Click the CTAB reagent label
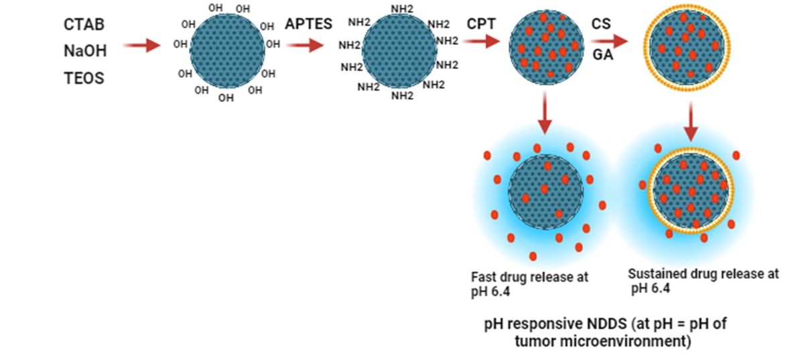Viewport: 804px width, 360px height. (x=84, y=25)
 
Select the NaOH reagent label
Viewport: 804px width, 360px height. (x=85, y=51)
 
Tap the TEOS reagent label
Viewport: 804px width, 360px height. (x=84, y=78)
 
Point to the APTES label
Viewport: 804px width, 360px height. (x=308, y=25)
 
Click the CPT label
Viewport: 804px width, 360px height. (x=482, y=25)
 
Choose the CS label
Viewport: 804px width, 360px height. (x=601, y=24)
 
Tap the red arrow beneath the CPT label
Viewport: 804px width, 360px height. (x=481, y=42)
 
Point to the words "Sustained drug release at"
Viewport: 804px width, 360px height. (x=703, y=274)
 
